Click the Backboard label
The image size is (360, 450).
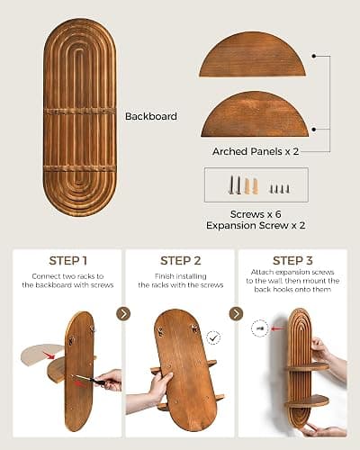[151, 116]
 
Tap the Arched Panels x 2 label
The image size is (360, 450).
[256, 151]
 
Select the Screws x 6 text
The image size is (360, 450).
[256, 214]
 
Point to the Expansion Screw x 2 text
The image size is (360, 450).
[256, 225]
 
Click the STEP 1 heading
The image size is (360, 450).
[68, 261]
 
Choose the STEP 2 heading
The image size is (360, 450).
[181, 261]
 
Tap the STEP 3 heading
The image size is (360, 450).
[292, 261]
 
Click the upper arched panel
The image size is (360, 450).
[253, 55]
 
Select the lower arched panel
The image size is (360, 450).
[255, 115]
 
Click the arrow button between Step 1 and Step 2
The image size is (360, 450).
[123, 314]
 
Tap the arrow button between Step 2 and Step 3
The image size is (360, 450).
[236, 314]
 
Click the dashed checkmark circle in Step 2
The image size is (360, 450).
[213, 338]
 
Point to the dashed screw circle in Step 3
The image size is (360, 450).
[259, 328]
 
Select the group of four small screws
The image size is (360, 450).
[280, 189]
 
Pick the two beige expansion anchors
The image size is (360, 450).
[251, 186]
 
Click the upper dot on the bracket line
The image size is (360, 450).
[314, 56]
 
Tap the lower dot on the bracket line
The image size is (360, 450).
[314, 130]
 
